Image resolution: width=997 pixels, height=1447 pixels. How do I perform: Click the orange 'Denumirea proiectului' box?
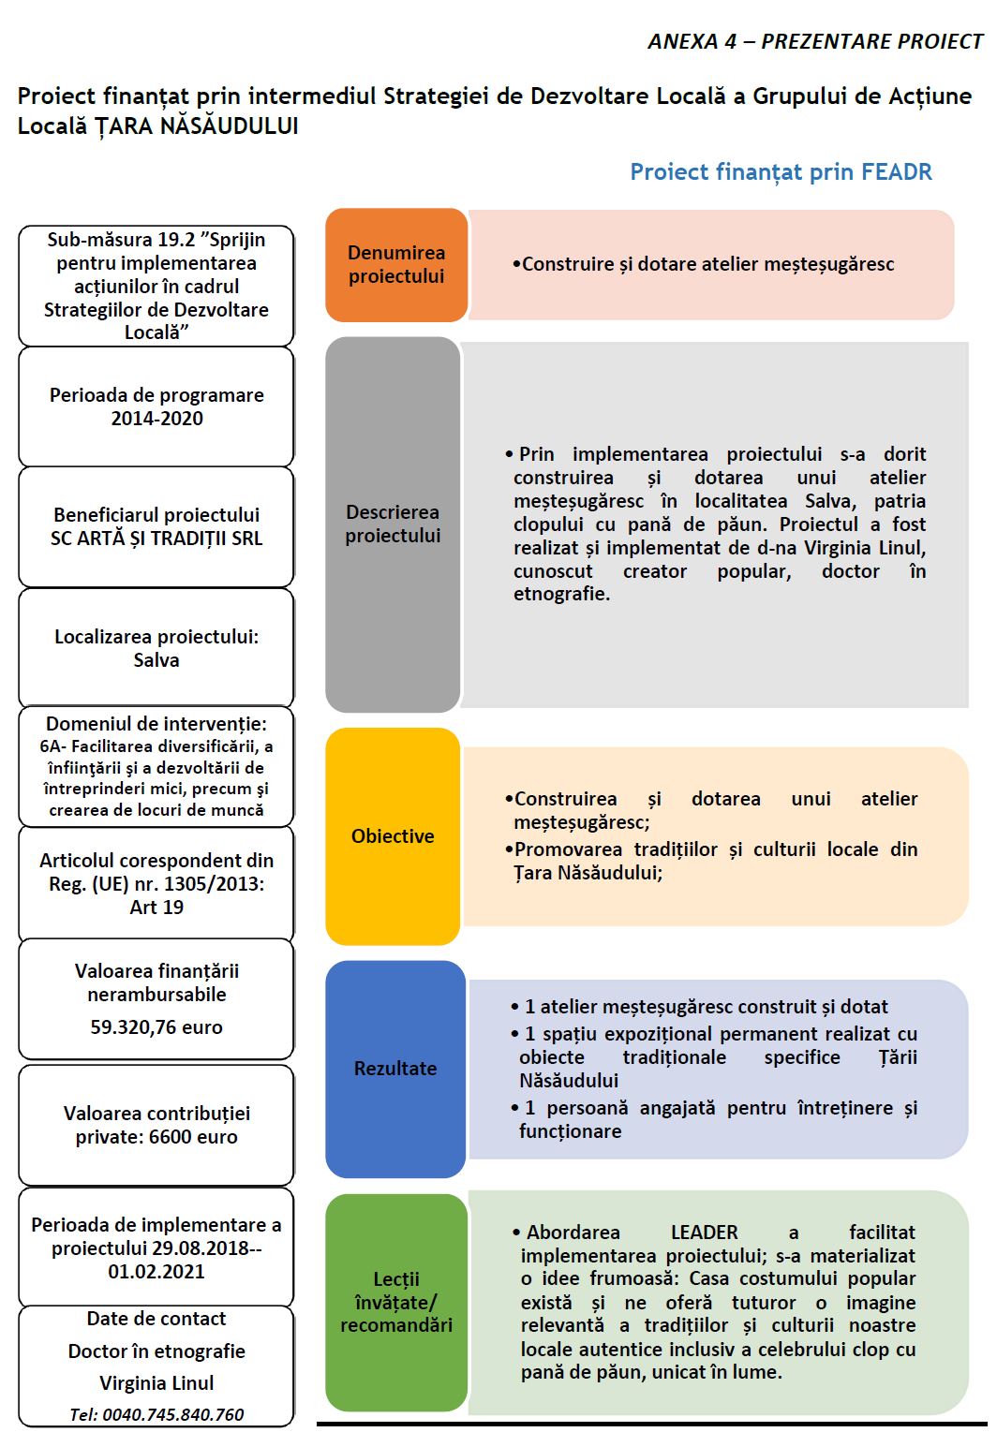[x=396, y=265]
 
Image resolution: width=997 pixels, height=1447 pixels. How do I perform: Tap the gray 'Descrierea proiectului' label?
[x=393, y=524]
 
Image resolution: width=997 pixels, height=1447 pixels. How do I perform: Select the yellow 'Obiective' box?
[x=393, y=836]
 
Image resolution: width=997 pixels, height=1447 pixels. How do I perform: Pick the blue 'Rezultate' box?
[x=395, y=1069]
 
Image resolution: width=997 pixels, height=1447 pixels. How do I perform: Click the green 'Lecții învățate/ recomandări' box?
[x=396, y=1302]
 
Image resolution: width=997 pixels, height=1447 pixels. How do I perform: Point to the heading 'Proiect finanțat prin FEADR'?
[x=781, y=172]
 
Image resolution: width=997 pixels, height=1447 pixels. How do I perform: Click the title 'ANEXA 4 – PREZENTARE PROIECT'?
[x=815, y=42]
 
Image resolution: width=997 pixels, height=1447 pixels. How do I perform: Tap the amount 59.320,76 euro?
[x=156, y=1027]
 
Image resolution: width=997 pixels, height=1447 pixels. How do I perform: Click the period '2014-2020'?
[x=156, y=419]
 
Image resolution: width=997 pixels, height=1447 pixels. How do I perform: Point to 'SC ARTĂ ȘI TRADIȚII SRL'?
[x=156, y=539]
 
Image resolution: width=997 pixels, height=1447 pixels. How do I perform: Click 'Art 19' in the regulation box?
[x=156, y=907]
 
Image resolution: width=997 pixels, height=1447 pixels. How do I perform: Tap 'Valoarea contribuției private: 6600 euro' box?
[x=156, y=1125]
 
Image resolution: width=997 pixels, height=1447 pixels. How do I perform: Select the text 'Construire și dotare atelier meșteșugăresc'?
[x=707, y=265]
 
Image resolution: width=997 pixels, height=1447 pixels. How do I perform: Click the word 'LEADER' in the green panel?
[x=704, y=1233]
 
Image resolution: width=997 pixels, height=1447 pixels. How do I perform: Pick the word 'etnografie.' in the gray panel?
[x=561, y=594]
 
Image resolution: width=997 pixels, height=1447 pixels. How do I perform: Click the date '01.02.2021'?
[x=156, y=1272]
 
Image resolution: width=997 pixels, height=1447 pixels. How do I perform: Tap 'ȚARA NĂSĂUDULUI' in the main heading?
[x=196, y=126]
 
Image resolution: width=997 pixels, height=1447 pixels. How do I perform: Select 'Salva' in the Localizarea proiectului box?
[x=156, y=660]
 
